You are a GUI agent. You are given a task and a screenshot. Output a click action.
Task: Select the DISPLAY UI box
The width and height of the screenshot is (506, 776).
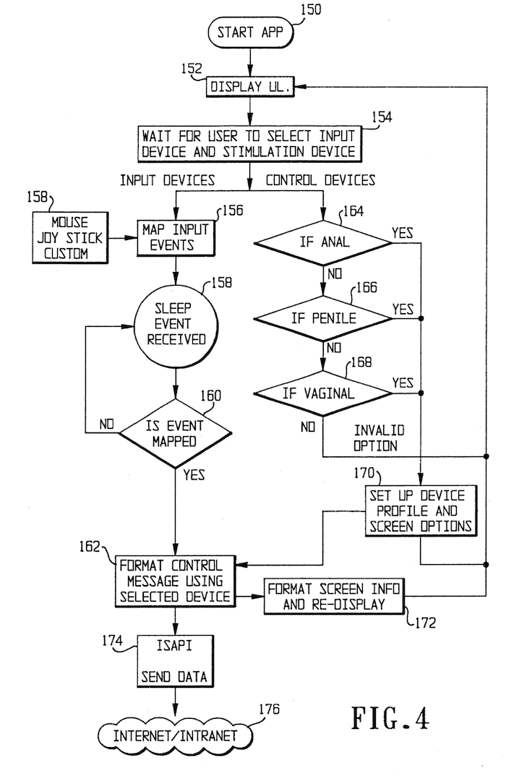[x=250, y=87]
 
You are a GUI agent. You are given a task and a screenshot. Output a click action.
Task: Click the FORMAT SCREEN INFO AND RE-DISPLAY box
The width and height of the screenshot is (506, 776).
[x=333, y=596]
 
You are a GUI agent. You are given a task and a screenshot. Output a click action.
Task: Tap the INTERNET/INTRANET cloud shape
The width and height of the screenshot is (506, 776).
[x=176, y=736]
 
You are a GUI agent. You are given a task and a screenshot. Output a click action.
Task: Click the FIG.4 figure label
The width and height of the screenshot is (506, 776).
[x=390, y=718]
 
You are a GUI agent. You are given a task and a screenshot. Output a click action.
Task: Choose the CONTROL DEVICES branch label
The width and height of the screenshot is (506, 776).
[x=320, y=180]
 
